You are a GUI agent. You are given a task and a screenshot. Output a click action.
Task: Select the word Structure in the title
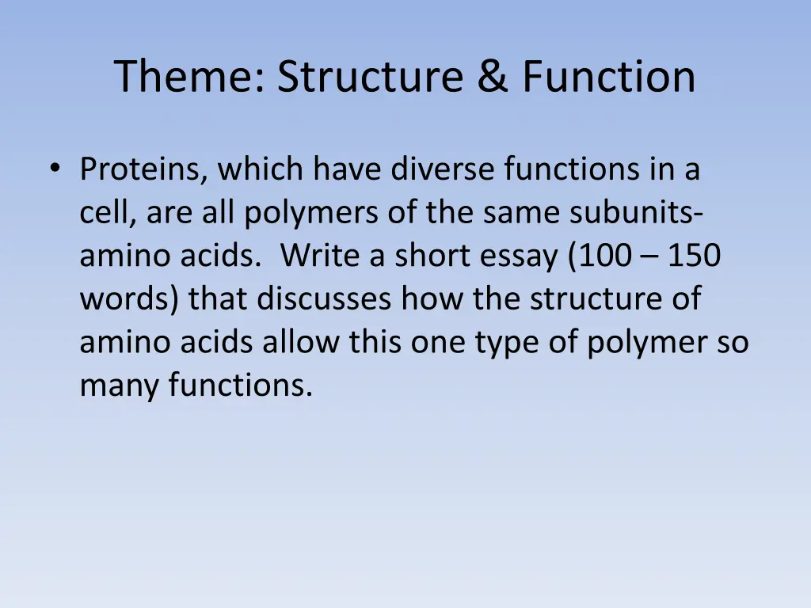(x=370, y=78)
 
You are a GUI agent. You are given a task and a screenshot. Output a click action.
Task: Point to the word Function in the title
(x=608, y=78)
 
